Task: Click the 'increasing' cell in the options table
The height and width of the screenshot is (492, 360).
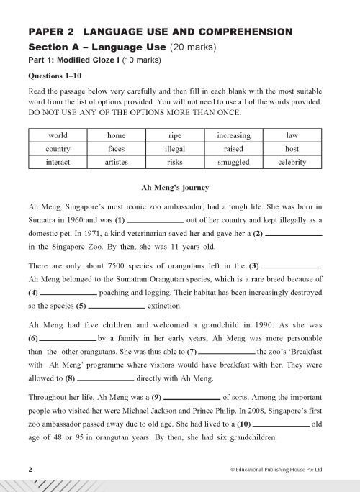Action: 233,135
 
